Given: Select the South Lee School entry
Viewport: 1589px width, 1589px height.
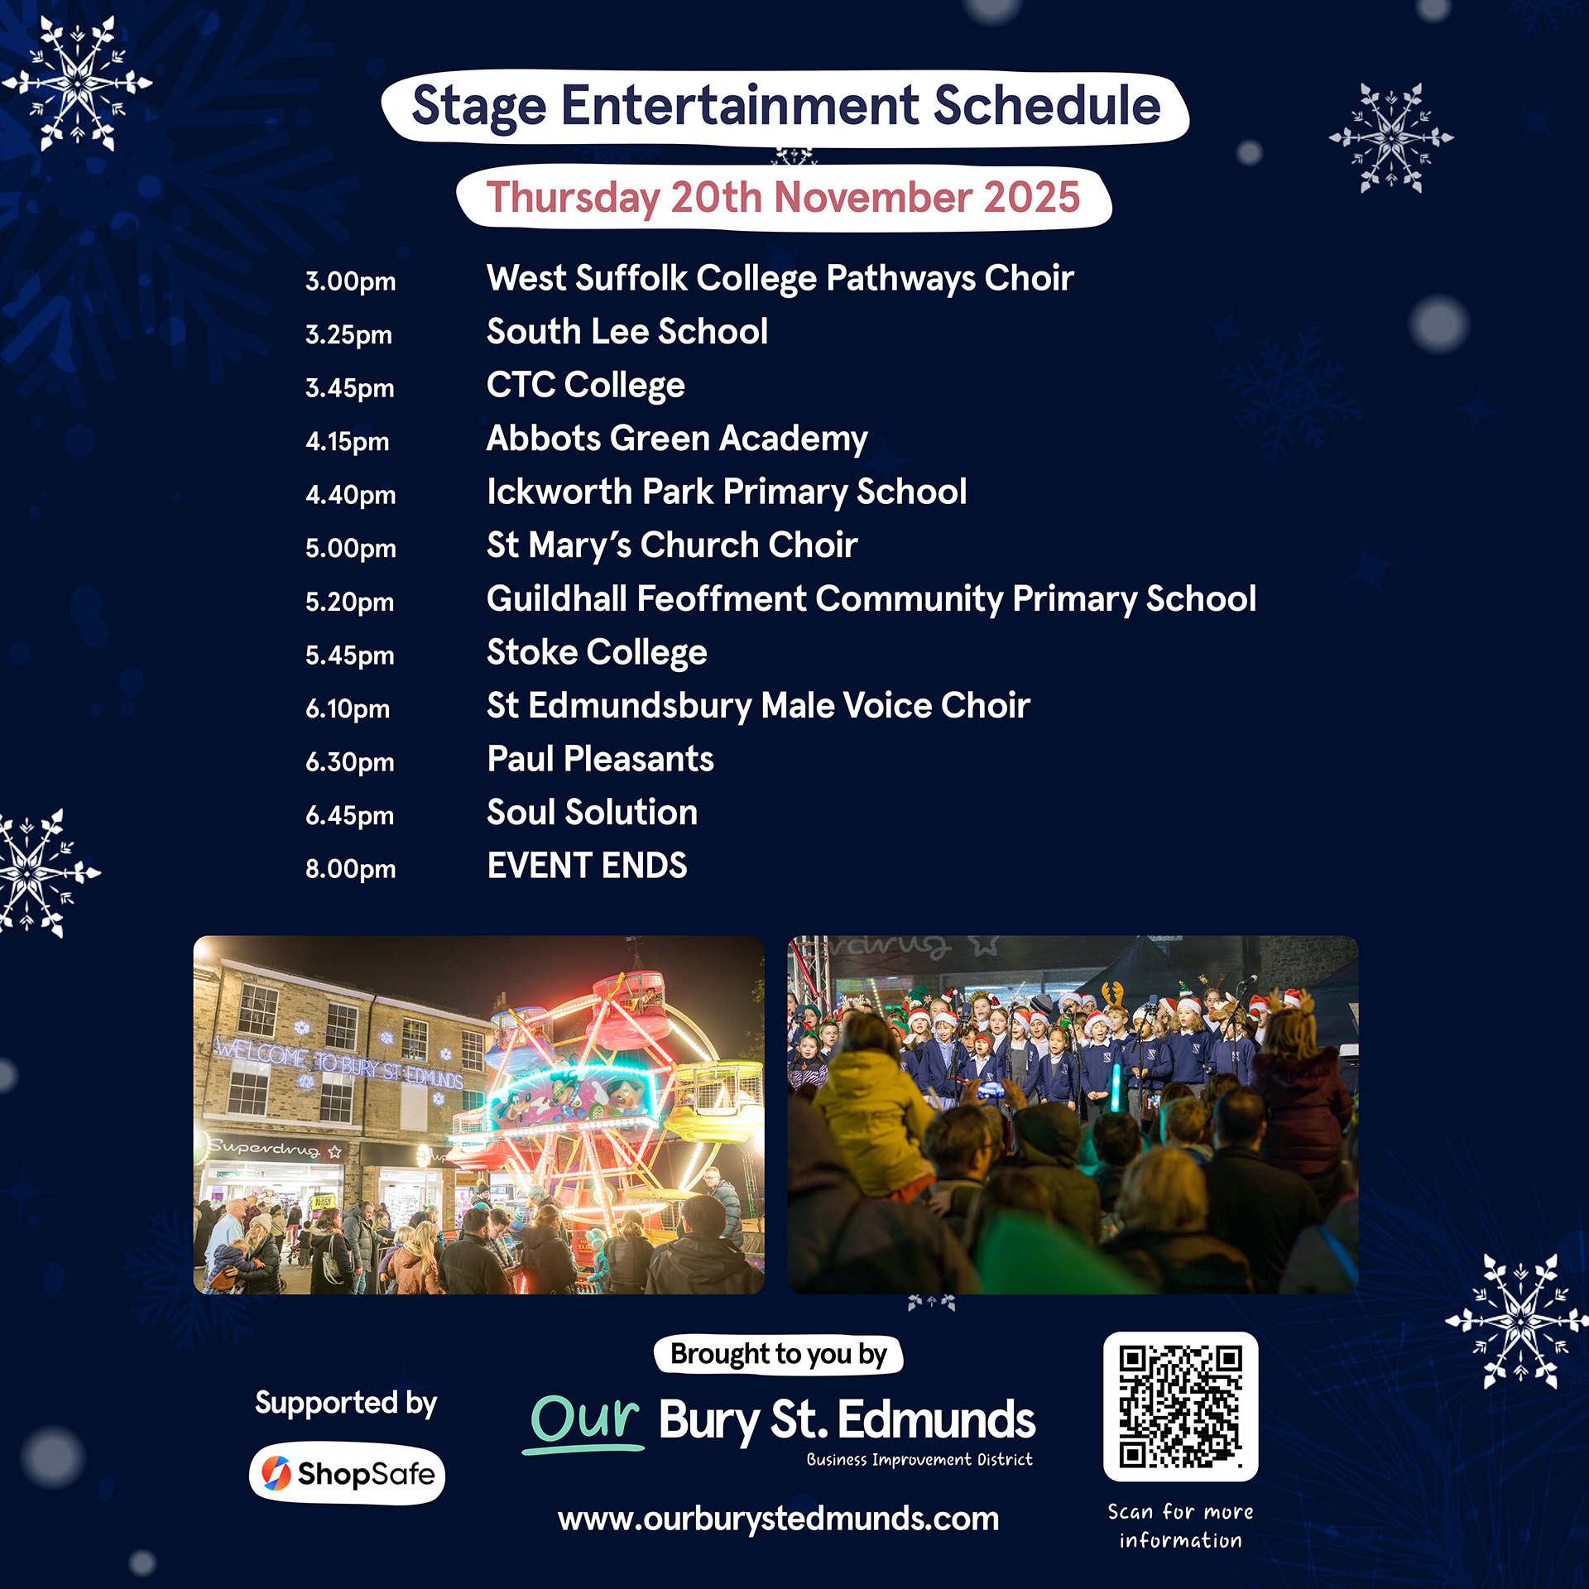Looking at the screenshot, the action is coord(627,331).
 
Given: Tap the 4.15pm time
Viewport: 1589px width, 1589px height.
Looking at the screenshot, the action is coord(347,442).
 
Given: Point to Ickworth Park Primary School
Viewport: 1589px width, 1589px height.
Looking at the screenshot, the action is coord(727,492).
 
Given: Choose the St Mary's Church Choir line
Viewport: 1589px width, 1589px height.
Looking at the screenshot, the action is coord(672,545).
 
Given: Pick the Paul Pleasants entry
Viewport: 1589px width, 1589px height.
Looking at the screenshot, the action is coord(600,759).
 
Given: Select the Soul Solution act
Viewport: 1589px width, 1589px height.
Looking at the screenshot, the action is coord(592,812).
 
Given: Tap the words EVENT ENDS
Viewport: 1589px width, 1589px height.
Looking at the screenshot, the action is coord(587,866).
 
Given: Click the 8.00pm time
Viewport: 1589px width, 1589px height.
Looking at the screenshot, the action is coord(350,869).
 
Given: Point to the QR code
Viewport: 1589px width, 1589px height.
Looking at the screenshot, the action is coord(1181,1407).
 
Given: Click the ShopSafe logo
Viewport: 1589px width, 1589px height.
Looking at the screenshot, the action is coord(347,1474).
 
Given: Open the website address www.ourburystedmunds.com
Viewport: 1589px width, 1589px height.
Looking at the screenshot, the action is coord(778,1519).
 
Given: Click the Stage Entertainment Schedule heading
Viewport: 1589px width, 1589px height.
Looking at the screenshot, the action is coord(786,108).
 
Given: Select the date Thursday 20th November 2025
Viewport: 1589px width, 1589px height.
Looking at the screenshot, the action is coord(783,198).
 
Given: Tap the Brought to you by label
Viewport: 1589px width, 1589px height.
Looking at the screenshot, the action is coord(778,1355).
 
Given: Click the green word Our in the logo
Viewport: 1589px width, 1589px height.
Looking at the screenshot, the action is coord(584,1420).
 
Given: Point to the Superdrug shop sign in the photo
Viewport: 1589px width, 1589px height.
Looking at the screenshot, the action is coord(273,1150).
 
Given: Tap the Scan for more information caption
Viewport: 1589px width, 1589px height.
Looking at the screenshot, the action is coord(1180,1526).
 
